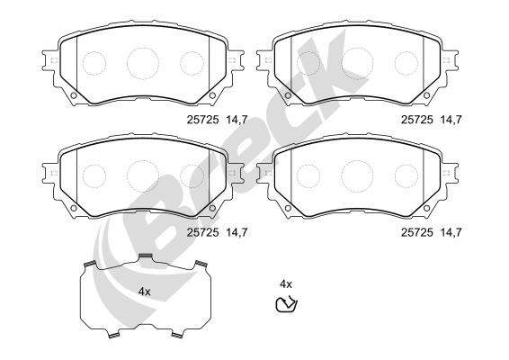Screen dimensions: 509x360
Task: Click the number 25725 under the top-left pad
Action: pos(202,120)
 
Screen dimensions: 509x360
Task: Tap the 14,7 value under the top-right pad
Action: pos(451,120)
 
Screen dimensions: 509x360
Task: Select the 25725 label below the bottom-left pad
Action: pos(202,232)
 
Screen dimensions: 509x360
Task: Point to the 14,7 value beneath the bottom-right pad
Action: pos(451,232)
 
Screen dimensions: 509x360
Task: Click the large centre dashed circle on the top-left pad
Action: pos(143,63)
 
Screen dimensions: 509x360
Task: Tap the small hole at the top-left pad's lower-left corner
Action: pos(74,95)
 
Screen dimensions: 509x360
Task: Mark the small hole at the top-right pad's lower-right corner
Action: pos(426,95)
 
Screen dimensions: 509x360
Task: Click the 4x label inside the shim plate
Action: pos(145,292)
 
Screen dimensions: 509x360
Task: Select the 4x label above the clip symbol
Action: pos(286,284)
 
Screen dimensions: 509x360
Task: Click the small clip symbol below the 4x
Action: pos(286,304)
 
